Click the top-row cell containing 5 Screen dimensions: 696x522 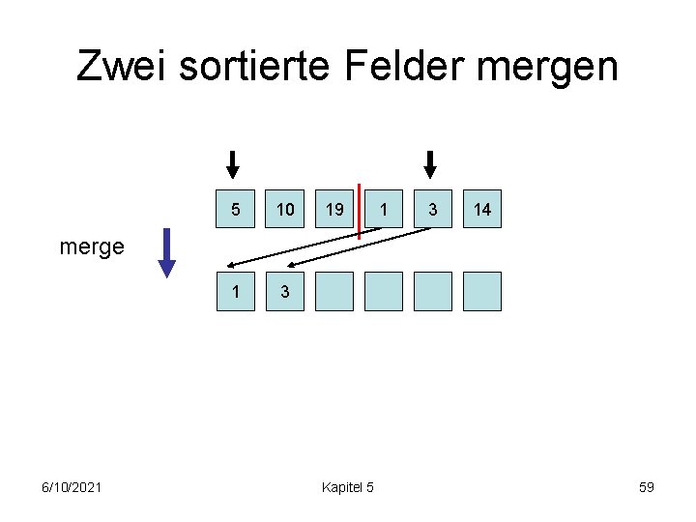tap(236, 209)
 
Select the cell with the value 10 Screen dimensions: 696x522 tap(285, 209)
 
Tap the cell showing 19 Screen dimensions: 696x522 tap(334, 209)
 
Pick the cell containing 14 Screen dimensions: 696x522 tap(482, 209)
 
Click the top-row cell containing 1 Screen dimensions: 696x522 tap(385, 209)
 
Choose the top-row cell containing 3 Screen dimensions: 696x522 tap(433, 209)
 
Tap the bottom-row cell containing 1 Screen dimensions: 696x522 tap(236, 291)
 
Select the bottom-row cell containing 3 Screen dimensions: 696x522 tap(285, 291)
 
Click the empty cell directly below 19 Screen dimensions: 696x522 tap(334, 291)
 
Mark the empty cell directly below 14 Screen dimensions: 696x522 tap(482, 291)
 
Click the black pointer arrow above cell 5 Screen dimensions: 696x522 tap(232, 163)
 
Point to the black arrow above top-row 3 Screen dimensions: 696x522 tap(431, 163)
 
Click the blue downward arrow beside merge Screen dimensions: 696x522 tap(167, 252)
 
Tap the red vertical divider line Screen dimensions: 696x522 tap(360, 211)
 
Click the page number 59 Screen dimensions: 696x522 tap(646, 486)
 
